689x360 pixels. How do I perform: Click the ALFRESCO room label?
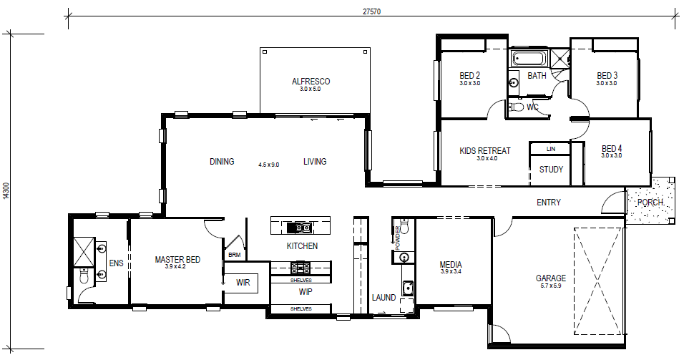click(x=311, y=82)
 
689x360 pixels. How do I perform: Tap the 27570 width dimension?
click(x=372, y=12)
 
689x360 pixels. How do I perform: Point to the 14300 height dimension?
click(x=6, y=191)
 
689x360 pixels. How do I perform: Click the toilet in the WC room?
click(x=517, y=107)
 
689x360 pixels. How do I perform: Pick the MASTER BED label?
click(x=177, y=260)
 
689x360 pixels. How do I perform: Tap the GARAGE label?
click(x=551, y=278)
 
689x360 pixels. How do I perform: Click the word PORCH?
click(x=650, y=203)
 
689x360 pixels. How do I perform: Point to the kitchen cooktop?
click(x=300, y=266)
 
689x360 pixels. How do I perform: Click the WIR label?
click(x=243, y=283)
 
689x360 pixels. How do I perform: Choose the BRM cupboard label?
click(x=234, y=255)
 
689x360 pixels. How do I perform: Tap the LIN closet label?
click(x=551, y=149)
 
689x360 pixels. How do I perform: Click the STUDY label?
click(x=551, y=170)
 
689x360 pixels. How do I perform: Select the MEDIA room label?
click(x=451, y=265)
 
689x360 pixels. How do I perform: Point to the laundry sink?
click(x=408, y=288)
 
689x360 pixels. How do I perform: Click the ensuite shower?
click(x=84, y=251)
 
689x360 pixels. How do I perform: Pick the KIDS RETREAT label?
click(x=485, y=151)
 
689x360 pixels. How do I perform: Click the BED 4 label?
click(x=612, y=149)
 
